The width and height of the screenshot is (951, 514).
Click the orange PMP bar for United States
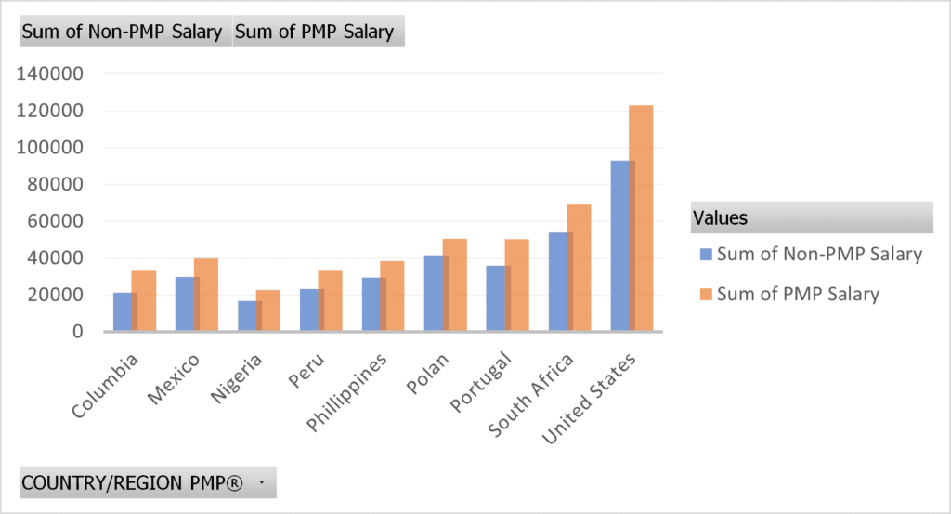pos(641,217)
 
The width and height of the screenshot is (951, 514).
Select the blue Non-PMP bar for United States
pos(623,245)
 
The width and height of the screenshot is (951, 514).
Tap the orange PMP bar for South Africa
pos(579,268)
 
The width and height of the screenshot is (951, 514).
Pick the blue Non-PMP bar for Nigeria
pos(250,316)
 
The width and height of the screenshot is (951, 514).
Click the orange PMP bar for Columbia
pos(144,301)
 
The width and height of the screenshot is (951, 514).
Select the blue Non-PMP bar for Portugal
pos(499,298)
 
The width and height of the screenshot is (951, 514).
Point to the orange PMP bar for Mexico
pos(205,295)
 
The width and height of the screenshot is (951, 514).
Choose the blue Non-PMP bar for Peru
pos(312,310)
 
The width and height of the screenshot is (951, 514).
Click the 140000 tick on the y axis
pos(50,74)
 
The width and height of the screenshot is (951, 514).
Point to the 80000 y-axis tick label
pos(55,184)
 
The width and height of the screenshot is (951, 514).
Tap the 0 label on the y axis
pos(78,332)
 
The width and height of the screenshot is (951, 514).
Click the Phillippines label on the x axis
pos(346,392)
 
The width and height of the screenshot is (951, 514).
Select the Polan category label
pos(427,374)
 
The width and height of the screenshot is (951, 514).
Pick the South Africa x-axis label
pos(530,395)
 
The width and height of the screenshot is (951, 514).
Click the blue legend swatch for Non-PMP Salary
pos(706,255)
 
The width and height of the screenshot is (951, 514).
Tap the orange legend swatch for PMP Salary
pos(706,295)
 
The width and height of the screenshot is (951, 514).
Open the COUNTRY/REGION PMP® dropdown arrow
pos(262,483)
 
